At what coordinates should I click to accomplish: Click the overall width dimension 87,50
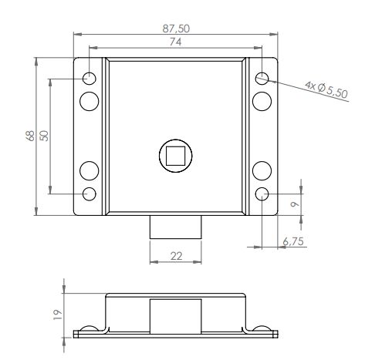tap(176, 27)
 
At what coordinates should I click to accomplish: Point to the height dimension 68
tap(30, 136)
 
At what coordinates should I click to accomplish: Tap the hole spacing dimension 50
tap(44, 136)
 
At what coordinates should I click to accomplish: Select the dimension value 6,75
tap(293, 241)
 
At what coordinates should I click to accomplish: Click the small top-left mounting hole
tap(90, 78)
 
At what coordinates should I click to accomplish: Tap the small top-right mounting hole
tap(262, 78)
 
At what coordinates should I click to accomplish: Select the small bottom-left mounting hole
tap(90, 193)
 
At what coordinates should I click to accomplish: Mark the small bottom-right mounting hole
tap(262, 193)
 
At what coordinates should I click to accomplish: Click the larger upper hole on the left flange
tap(90, 100)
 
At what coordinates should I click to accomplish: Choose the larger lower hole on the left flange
tap(90, 170)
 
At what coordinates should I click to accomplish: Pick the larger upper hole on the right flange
tap(262, 100)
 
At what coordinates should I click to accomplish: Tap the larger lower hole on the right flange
tap(262, 170)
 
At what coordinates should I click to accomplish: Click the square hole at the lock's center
tap(176, 156)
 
